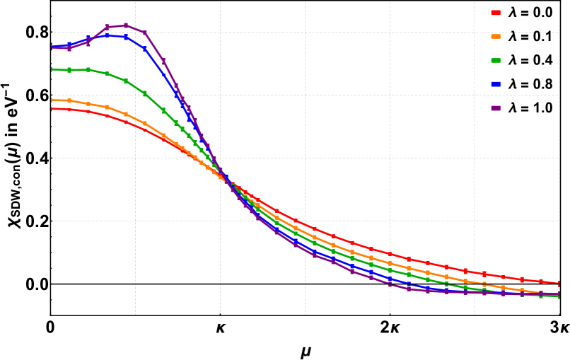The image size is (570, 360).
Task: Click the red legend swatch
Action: [x=496, y=13]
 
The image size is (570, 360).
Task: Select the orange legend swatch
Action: [x=496, y=36]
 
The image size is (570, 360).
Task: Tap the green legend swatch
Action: [x=496, y=60]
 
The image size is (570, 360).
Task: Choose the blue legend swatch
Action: [x=496, y=84]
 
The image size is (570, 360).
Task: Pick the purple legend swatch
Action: [x=496, y=108]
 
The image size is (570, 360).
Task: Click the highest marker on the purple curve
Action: [x=126, y=25]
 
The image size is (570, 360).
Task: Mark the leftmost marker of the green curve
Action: [x=52, y=69]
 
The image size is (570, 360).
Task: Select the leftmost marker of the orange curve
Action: [x=52, y=100]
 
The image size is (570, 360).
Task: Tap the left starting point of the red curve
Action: [x=52, y=108]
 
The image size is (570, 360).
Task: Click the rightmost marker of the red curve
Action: [x=559, y=284]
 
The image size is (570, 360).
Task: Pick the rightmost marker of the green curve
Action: [x=559, y=297]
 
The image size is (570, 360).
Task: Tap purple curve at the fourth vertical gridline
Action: [x=390, y=284]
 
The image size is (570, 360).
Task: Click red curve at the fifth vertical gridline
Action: [x=475, y=272]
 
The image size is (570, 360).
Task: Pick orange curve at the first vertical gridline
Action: [x=135, y=118]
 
